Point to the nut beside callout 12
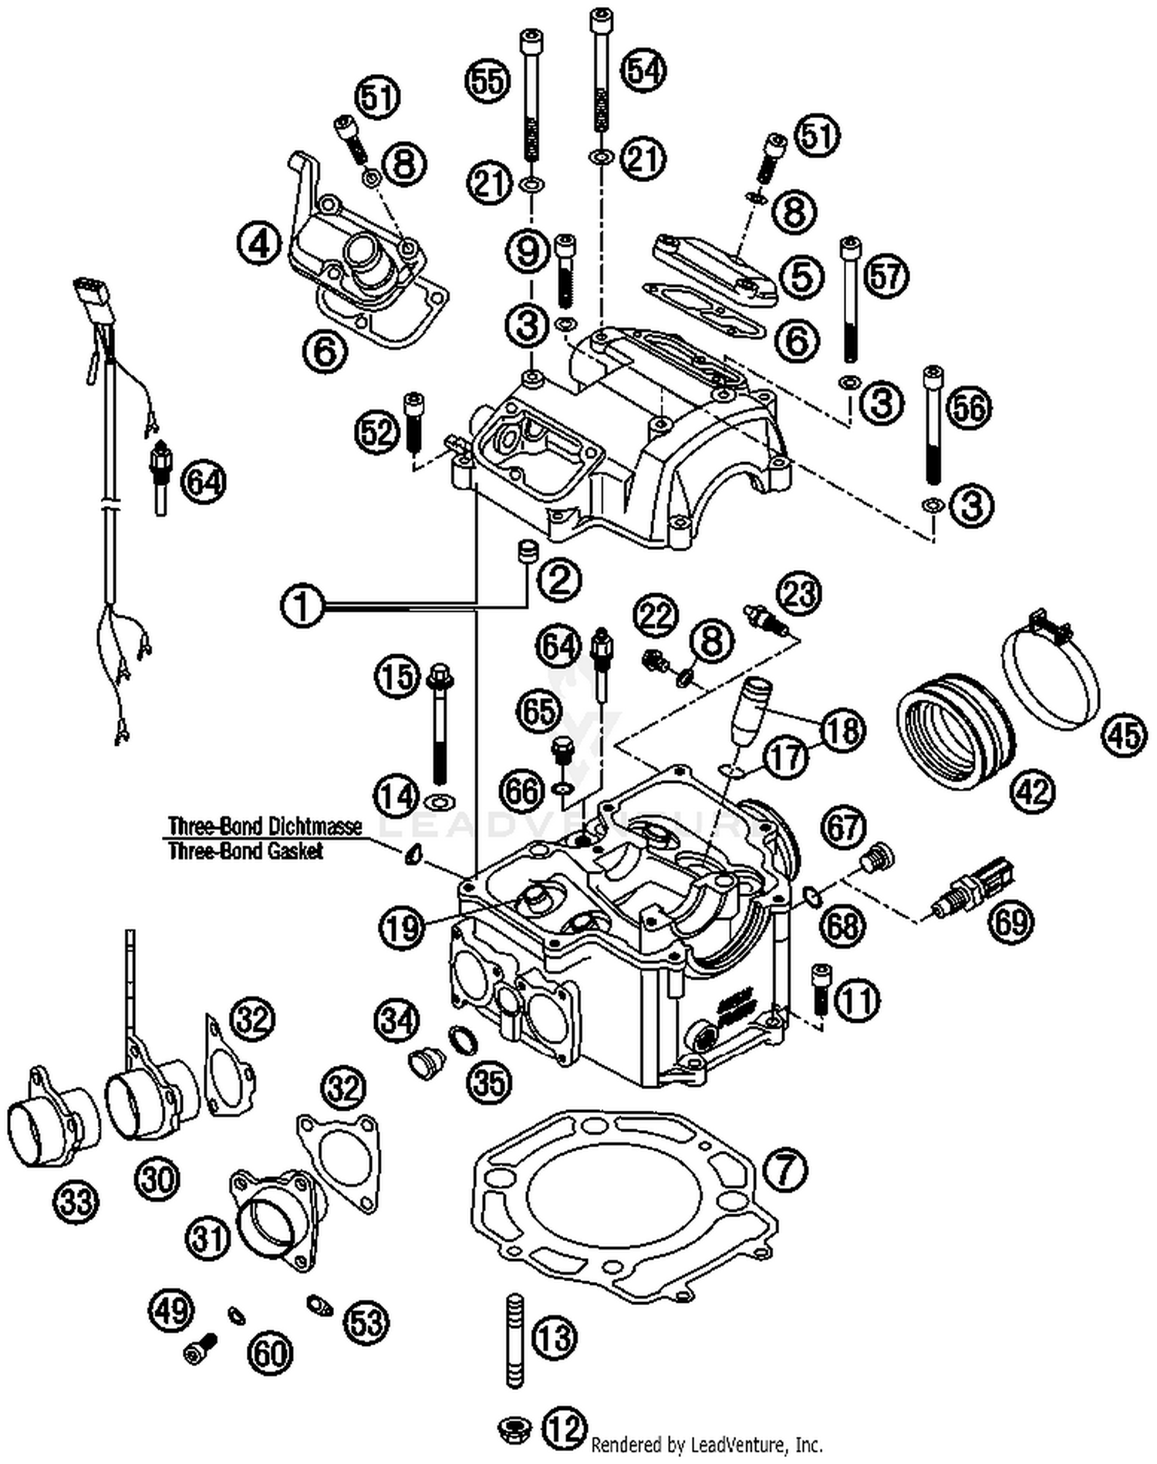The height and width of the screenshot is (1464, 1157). pyautogui.click(x=514, y=1426)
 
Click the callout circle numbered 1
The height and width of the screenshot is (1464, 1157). pyautogui.click(x=303, y=606)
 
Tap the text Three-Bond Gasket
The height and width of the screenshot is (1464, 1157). pyautogui.click(x=245, y=852)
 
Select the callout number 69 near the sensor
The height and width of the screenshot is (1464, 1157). pyautogui.click(x=1011, y=921)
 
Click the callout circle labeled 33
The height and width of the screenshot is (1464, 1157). pyautogui.click(x=77, y=1201)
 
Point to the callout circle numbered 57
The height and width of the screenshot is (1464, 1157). pyautogui.click(x=886, y=276)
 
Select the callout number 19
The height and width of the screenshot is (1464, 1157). pyautogui.click(x=402, y=927)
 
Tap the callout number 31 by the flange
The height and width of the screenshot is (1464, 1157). pyautogui.click(x=209, y=1238)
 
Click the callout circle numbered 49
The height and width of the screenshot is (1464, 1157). pyautogui.click(x=171, y=1309)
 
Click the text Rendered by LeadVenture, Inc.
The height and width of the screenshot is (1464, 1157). pyautogui.click(x=707, y=1444)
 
